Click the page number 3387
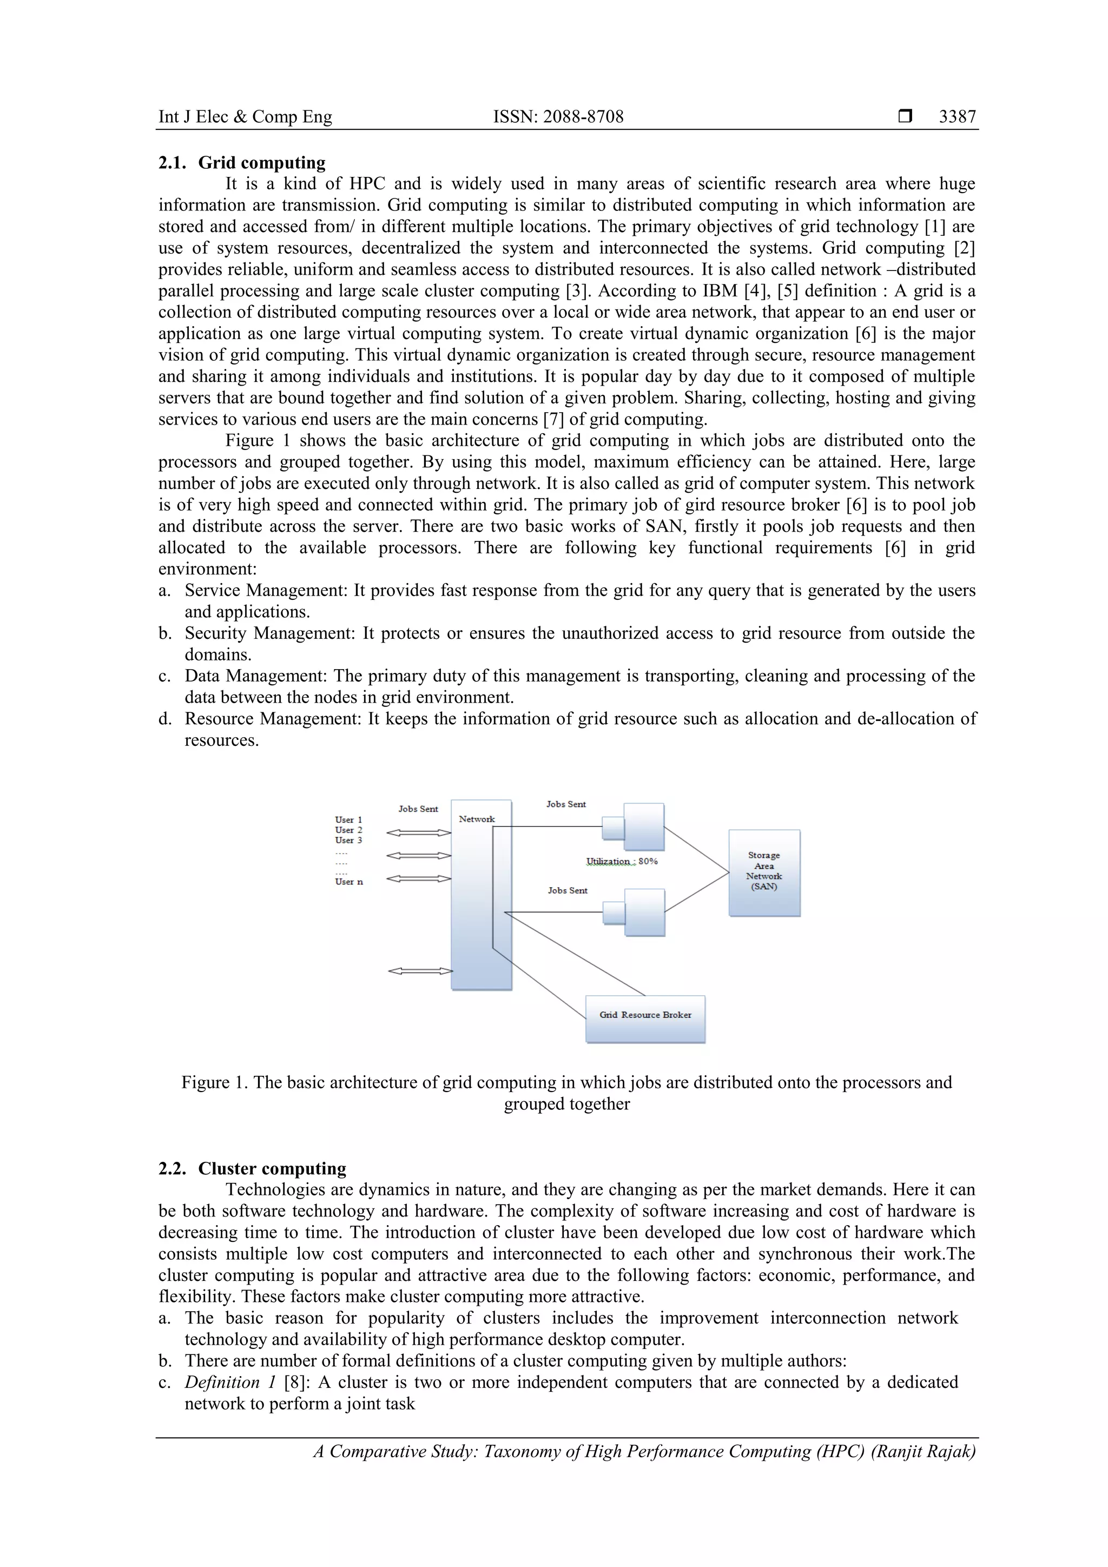tap(957, 117)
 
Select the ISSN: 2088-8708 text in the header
tap(558, 117)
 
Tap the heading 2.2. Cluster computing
tap(252, 1168)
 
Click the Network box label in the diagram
tap(477, 819)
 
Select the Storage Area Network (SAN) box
tap(764, 873)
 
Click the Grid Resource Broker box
tap(645, 1015)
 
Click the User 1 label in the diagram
tap(348, 819)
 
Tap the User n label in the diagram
tap(349, 882)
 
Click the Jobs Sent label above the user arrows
tap(418, 809)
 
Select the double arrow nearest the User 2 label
tap(419, 832)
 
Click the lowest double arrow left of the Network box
tap(420, 970)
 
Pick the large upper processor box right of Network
tap(644, 827)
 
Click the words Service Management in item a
tap(266, 590)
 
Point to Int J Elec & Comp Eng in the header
tap(245, 117)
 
